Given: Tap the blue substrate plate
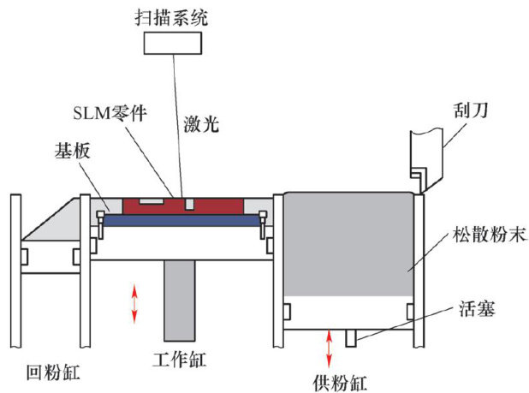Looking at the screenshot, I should coord(180,220).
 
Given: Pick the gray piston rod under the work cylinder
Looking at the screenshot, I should coord(181,299).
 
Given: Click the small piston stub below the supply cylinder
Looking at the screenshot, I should coord(351,337).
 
